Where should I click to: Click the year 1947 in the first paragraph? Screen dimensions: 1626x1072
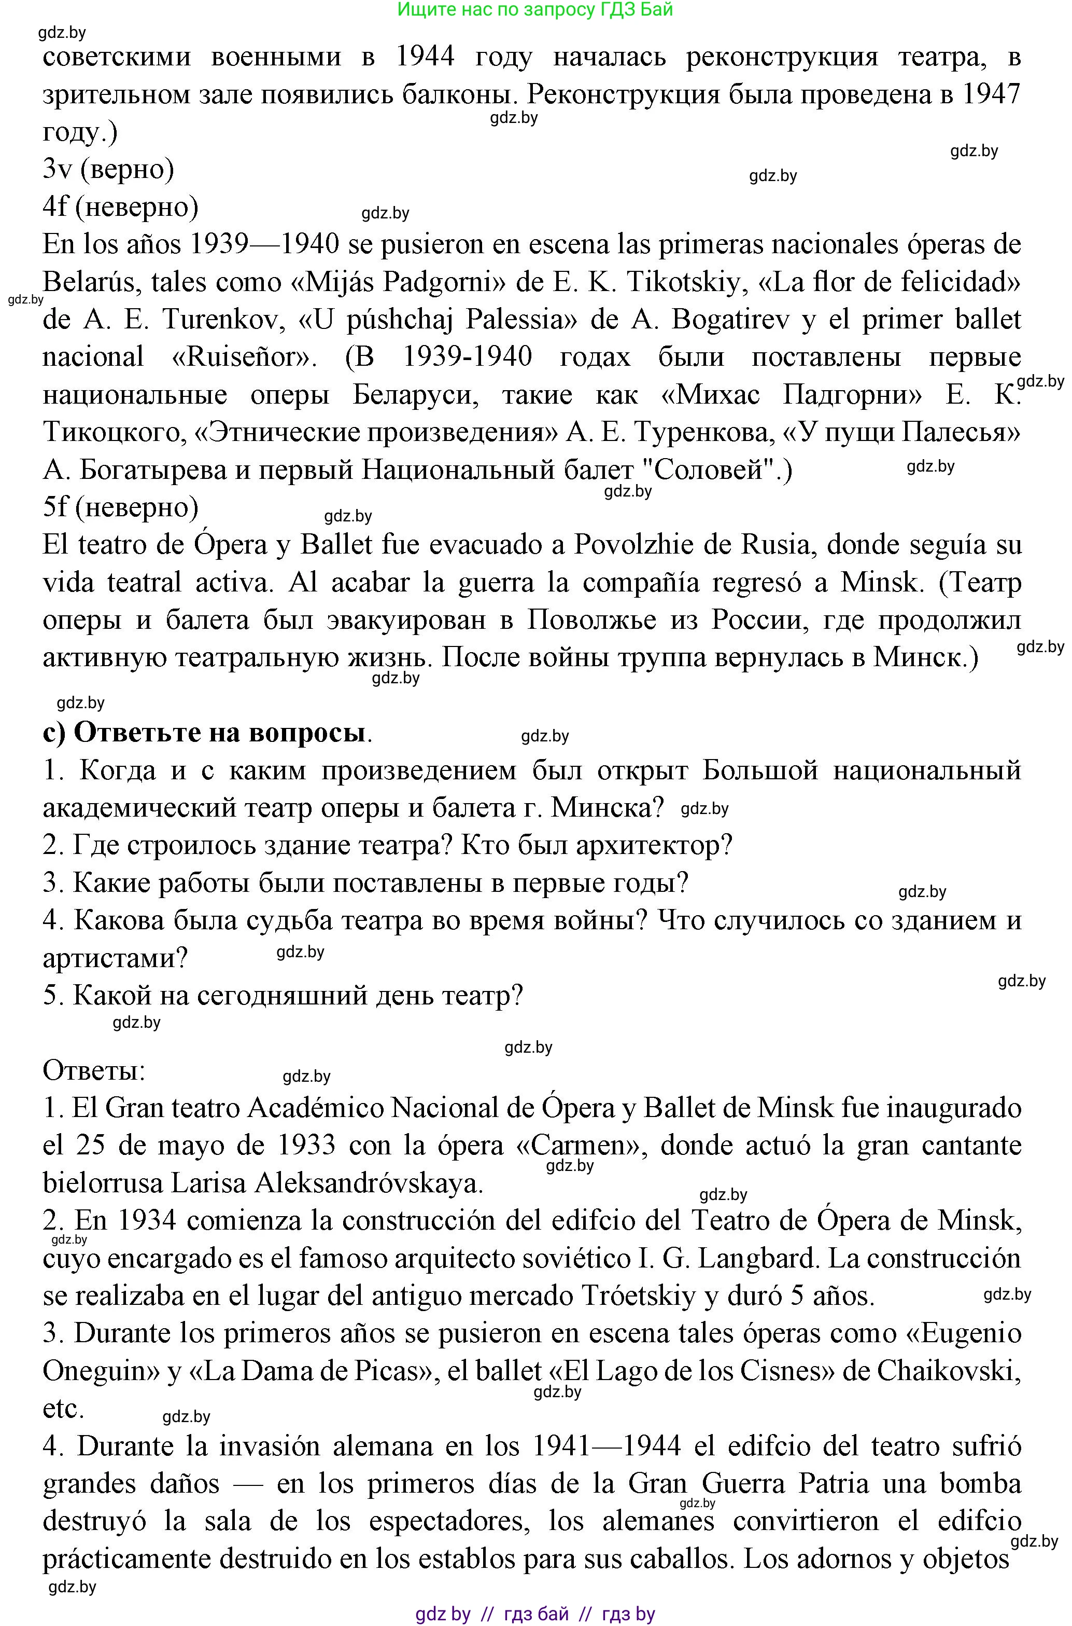pyautogui.click(x=991, y=94)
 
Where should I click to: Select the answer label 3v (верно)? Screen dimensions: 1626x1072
pyautogui.click(x=108, y=169)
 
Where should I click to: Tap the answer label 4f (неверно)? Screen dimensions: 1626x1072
pyautogui.click(x=120, y=206)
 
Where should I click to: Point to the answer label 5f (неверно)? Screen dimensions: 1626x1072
pyautogui.click(x=120, y=507)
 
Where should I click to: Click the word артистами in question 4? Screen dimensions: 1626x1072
pyautogui.click(x=115, y=958)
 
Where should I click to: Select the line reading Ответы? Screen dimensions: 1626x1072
pyautogui.click(x=94, y=1070)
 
